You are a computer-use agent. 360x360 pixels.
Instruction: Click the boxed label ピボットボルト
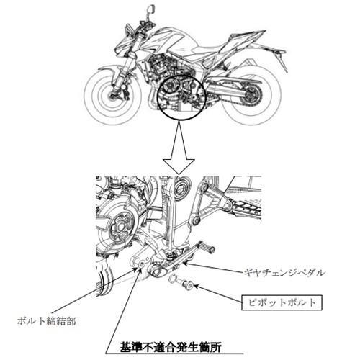click(282, 302)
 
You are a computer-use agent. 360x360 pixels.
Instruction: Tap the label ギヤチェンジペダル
click(284, 273)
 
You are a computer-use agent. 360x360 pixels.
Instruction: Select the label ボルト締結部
click(47, 321)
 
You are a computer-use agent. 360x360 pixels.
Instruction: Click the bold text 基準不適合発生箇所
click(170, 346)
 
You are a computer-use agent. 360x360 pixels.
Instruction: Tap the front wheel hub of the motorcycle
click(112, 96)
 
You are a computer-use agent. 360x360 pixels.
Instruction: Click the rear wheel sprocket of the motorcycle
click(252, 96)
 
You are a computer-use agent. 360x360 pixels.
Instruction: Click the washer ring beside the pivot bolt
click(173, 279)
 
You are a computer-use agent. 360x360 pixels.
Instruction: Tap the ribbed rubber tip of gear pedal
click(206, 248)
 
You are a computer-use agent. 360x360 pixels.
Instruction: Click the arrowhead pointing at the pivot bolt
click(197, 286)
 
